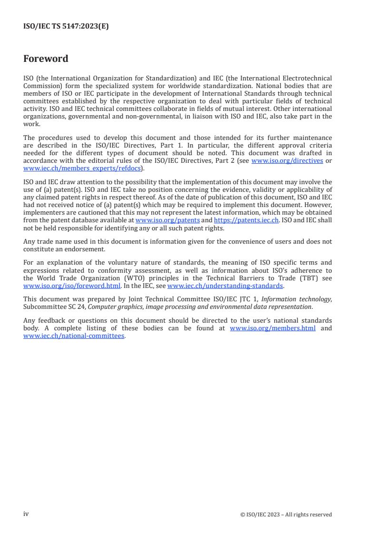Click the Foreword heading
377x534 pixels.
(46, 59)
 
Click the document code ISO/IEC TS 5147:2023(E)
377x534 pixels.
(66, 27)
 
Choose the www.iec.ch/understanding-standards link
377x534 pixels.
(225, 286)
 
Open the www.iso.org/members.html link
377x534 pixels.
(272, 328)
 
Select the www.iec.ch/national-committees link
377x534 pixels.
(74, 336)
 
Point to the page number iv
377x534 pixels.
(26, 514)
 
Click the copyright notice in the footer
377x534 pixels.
(286, 514)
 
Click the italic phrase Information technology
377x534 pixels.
(295, 299)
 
